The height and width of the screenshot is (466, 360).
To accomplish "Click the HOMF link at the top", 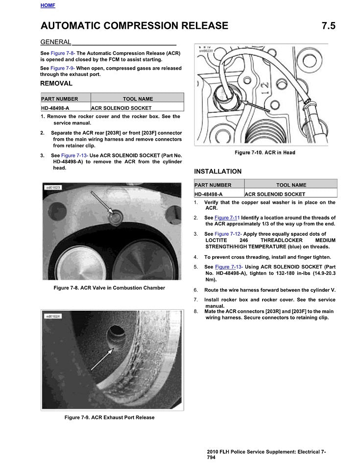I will (x=48, y=5).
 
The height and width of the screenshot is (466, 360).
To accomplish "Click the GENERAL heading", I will (x=56, y=42).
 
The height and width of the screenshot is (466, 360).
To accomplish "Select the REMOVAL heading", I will (x=56, y=84).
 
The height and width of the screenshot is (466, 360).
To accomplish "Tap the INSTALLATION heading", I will (x=217, y=172).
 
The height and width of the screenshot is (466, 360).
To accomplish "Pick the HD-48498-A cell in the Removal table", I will (x=55, y=108).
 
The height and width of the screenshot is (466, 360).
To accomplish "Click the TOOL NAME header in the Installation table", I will (x=291, y=185).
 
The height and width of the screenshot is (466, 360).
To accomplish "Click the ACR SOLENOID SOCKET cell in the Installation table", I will (x=275, y=195).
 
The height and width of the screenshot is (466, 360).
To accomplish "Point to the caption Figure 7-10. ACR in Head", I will (x=265, y=153).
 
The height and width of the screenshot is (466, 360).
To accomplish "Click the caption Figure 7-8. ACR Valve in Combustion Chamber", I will (x=109, y=288).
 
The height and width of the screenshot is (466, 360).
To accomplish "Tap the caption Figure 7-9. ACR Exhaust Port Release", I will (x=109, y=417).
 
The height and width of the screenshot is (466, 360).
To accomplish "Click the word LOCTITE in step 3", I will (x=217, y=241).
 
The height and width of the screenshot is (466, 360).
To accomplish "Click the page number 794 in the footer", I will (x=211, y=457).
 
